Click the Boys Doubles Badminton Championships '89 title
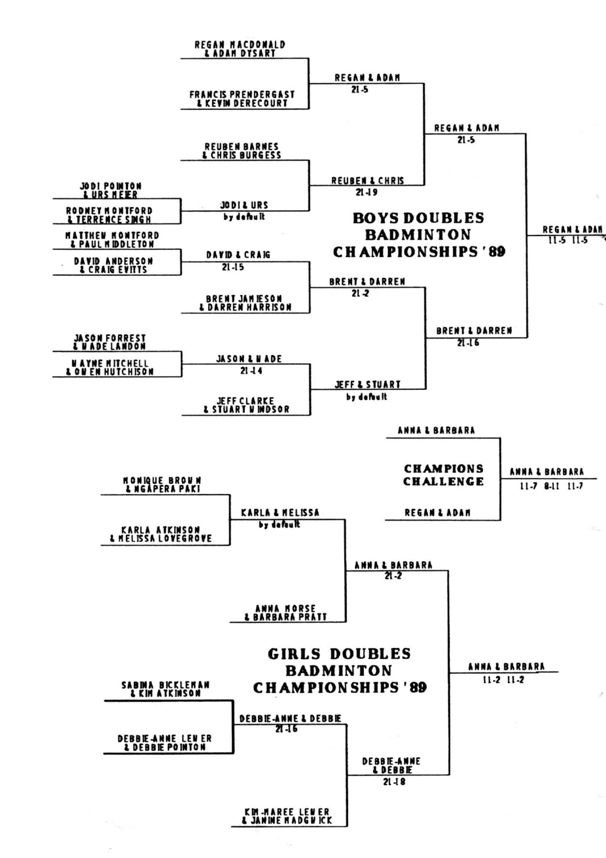419,235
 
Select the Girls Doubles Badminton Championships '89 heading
340,670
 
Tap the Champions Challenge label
444,475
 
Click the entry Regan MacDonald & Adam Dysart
240,49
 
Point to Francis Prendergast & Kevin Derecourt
242,99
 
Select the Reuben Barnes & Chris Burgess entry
242,151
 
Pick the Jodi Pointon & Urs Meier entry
111,190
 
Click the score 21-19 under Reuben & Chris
366,193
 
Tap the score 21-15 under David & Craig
233,267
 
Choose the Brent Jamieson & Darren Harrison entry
245,303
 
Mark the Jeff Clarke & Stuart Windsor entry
246,405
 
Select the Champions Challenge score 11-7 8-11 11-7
551,487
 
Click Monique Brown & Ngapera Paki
162,485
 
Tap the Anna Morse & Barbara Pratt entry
285,613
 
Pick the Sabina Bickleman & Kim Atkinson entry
166,689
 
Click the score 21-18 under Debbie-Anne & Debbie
394,782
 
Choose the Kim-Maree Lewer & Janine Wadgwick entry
287,816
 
